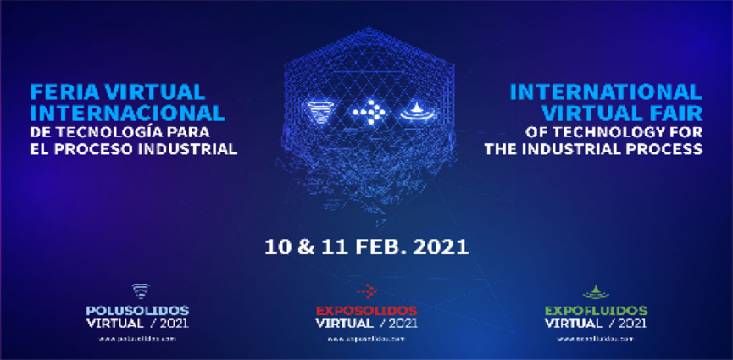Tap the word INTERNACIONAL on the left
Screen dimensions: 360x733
[x=128, y=112]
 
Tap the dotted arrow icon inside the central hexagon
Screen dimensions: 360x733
[x=367, y=111]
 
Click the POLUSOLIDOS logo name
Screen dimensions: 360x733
[x=137, y=310]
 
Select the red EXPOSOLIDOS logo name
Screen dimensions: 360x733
[x=366, y=310]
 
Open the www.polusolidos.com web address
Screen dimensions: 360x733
[x=137, y=338]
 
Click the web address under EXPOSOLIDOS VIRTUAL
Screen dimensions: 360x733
[x=366, y=338]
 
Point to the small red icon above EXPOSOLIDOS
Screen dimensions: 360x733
[x=366, y=291]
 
